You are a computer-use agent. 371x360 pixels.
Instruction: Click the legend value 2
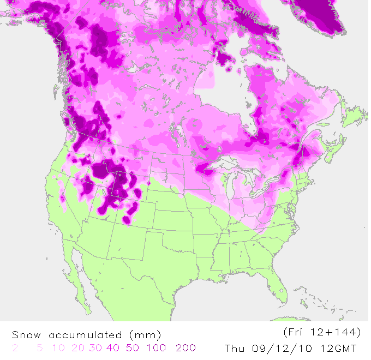coord(15,348)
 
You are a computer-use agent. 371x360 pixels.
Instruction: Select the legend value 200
coord(185,348)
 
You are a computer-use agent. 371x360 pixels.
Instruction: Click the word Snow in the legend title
coord(27,334)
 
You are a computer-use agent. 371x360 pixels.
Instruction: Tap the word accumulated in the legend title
coord(85,334)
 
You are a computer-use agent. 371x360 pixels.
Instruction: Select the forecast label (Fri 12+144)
coord(322,332)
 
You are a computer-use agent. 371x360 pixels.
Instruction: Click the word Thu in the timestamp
coord(236,348)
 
